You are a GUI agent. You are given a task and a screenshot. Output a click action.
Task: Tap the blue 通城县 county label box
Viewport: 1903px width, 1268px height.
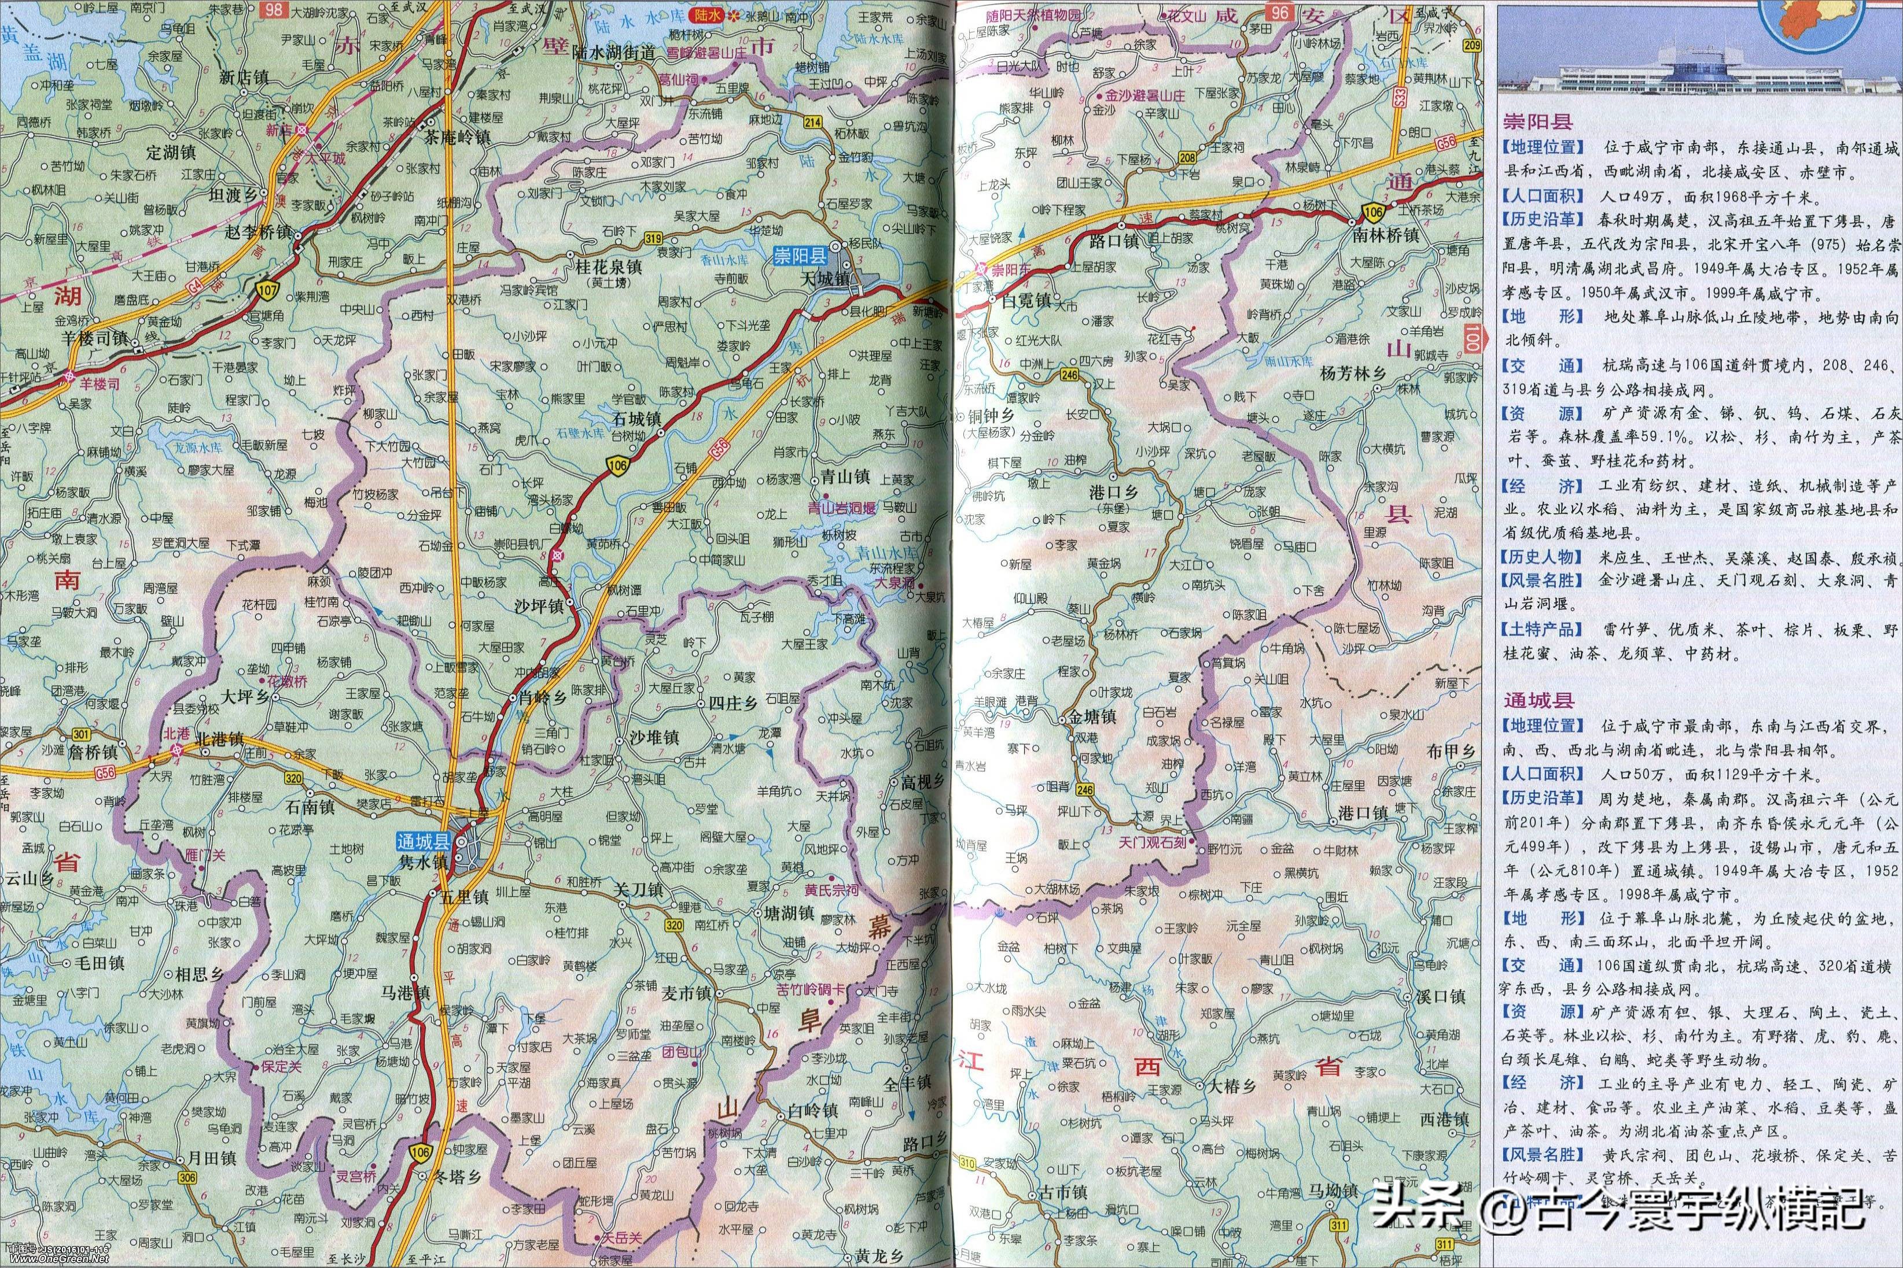click(x=422, y=840)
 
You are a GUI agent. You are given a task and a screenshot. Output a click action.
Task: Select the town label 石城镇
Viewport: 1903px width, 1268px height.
click(x=637, y=419)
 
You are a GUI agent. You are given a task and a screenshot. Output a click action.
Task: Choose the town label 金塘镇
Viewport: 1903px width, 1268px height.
click(x=1092, y=716)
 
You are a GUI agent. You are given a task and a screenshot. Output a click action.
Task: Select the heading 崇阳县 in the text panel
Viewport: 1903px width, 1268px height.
click(x=1537, y=122)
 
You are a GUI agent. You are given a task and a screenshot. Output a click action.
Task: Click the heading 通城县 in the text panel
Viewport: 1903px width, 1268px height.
click(x=1537, y=700)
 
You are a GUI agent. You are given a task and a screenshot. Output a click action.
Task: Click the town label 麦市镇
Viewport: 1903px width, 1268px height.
click(x=686, y=993)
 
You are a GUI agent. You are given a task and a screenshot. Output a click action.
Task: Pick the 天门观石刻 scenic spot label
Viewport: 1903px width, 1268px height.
click(x=1152, y=842)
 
